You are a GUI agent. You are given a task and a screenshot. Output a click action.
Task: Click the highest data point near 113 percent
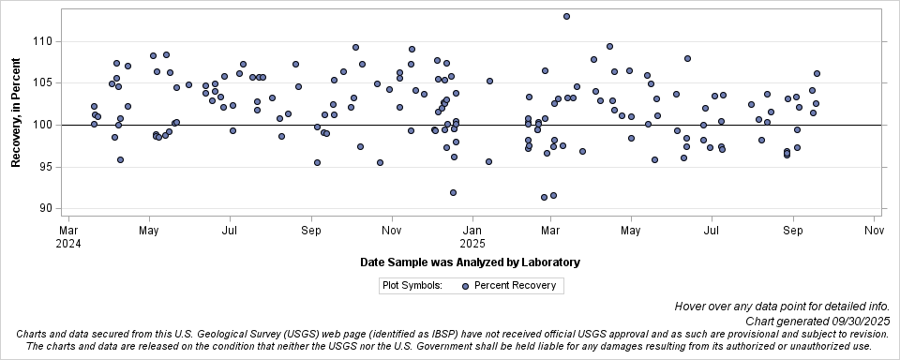tap(566, 16)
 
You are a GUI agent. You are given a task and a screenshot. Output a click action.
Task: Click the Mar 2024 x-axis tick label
tap(68, 235)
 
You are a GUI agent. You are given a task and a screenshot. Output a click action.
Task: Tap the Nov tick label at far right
tap(874, 229)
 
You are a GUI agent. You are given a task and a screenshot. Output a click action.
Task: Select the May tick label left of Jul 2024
tap(148, 229)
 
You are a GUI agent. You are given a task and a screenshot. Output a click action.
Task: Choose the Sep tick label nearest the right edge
tap(793, 229)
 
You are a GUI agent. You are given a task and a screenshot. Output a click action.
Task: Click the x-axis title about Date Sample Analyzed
tap(470, 262)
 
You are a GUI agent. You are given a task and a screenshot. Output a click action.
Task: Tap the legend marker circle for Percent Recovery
tap(466, 286)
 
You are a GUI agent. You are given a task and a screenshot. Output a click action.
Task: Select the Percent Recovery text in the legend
tap(515, 286)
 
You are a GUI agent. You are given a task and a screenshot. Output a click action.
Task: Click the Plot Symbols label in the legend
tap(412, 286)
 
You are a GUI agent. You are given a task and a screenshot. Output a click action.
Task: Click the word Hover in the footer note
tap(690, 307)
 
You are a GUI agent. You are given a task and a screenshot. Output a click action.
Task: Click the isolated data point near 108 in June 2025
tap(687, 58)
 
